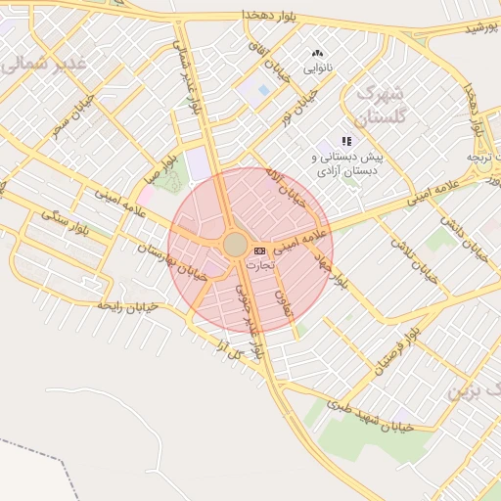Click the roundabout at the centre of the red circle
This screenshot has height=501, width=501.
235,244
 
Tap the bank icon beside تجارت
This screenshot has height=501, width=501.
259,250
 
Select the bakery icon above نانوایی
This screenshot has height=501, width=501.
316,54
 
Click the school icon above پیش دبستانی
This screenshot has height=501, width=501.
345,142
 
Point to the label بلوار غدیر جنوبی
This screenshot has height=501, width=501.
249,320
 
